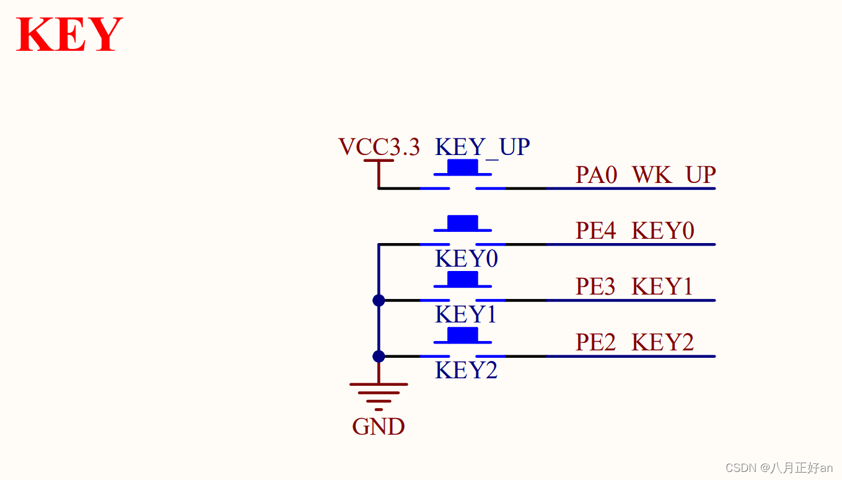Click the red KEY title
[x=69, y=35]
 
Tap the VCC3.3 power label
[x=379, y=147]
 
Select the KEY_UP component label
[x=482, y=147]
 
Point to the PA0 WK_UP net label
[x=645, y=175]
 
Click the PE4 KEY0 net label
[x=634, y=231]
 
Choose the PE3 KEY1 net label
[x=634, y=287]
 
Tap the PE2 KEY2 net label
[x=634, y=342]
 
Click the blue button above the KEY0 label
[x=463, y=223]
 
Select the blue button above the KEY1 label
[x=463, y=278]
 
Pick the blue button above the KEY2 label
[x=463, y=335]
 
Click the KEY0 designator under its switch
[x=466, y=259]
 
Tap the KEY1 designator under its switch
[x=466, y=314]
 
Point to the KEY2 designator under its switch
[x=466, y=370]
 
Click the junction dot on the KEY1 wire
[x=379, y=300]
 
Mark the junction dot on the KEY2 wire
[x=379, y=356]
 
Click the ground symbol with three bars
[x=379, y=393]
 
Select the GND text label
[x=379, y=427]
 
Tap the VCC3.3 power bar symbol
[x=379, y=161]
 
